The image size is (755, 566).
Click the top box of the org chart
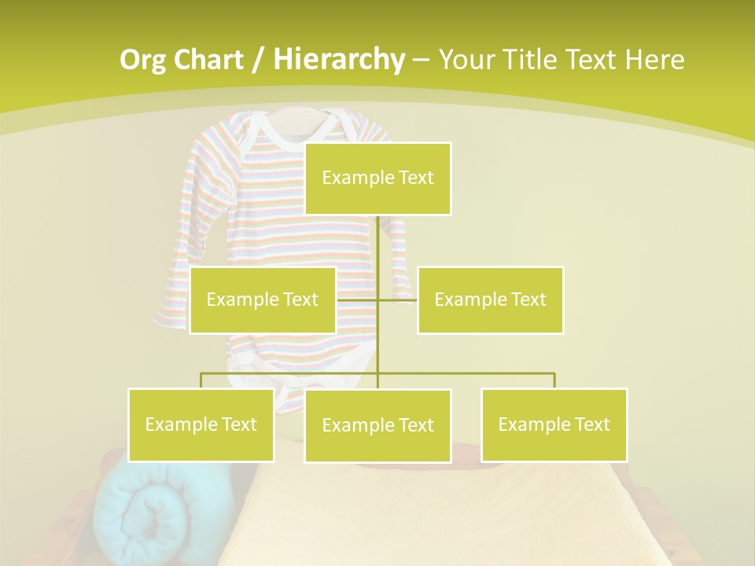coord(377,178)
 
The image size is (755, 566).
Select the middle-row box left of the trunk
coord(263,300)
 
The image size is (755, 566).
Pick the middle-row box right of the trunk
coord(490,300)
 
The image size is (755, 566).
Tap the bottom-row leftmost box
coord(201,424)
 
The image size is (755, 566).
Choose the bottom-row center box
coord(377,425)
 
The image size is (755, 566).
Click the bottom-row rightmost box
coord(554,424)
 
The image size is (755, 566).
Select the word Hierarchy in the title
coord(339,60)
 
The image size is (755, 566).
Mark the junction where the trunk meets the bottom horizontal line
coord(377,373)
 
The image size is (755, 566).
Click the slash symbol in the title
coord(257,60)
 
